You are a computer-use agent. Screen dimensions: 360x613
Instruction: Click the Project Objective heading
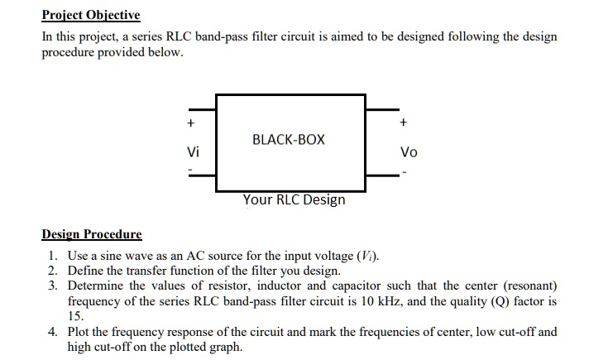[92, 16]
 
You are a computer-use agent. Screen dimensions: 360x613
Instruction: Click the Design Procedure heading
[92, 234]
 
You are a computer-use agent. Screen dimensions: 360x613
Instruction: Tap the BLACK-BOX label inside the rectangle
[290, 140]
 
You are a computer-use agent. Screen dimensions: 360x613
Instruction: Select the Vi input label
[193, 152]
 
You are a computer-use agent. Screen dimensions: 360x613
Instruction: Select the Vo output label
[409, 152]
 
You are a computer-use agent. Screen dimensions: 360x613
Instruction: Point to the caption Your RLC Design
[294, 199]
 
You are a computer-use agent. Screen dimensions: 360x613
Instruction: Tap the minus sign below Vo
[404, 173]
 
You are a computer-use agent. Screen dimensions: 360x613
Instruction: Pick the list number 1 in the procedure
[51, 256]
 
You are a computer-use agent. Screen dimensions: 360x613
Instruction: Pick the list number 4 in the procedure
[52, 332]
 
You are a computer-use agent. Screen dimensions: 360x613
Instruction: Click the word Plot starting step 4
[79, 332]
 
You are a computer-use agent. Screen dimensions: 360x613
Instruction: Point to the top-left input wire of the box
[204, 109]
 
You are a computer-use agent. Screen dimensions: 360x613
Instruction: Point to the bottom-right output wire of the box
[378, 175]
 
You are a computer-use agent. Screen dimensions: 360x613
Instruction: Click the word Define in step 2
[86, 271]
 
